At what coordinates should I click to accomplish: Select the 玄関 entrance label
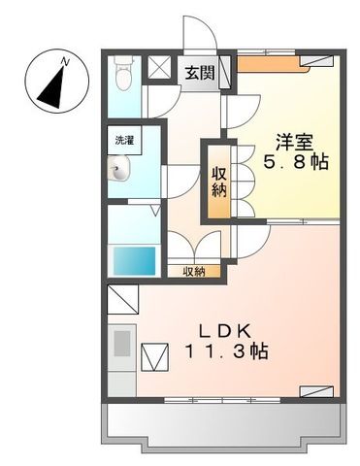click(201, 72)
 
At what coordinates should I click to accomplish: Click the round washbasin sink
click(118, 172)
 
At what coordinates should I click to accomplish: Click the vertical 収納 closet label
click(220, 182)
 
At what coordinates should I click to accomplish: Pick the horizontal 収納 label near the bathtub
click(193, 272)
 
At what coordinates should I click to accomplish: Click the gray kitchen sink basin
click(122, 346)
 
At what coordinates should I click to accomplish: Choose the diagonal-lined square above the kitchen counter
click(122, 297)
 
